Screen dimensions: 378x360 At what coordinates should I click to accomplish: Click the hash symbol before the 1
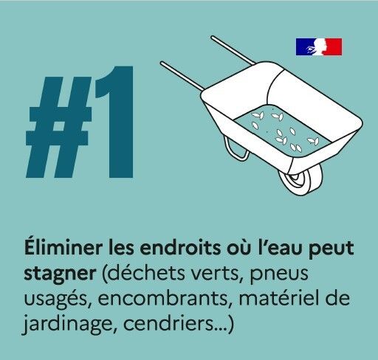pos(59,127)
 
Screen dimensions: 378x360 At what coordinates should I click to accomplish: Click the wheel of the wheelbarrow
pos(300,179)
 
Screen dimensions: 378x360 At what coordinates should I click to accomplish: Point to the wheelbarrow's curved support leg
pos(236,149)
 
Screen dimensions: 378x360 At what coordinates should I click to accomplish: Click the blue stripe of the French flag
pos(303,46)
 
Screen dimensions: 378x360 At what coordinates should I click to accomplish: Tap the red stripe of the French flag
pos(334,46)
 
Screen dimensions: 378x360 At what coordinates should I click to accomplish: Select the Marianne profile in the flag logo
pos(319,46)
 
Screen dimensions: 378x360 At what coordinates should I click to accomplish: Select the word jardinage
pos(67,325)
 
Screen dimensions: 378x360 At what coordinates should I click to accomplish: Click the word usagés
pos(58,300)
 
